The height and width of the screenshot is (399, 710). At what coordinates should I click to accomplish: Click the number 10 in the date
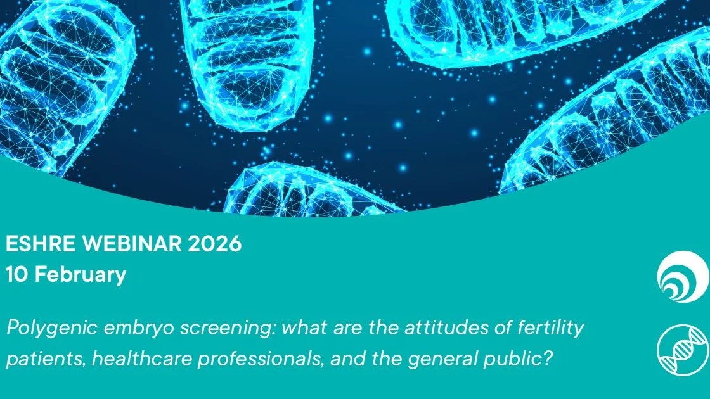tap(17, 275)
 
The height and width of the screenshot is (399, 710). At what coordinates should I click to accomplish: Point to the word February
tap(80, 275)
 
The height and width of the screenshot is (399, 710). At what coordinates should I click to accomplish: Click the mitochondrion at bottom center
tap(304, 190)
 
